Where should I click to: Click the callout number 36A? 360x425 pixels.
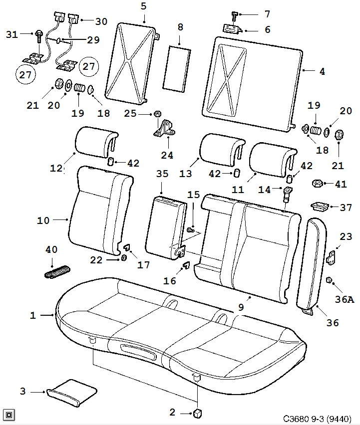[x=345, y=299]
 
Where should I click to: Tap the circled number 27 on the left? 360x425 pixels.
[x=24, y=75]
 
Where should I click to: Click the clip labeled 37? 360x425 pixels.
[x=318, y=205]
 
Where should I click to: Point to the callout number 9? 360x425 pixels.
[x=241, y=308]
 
